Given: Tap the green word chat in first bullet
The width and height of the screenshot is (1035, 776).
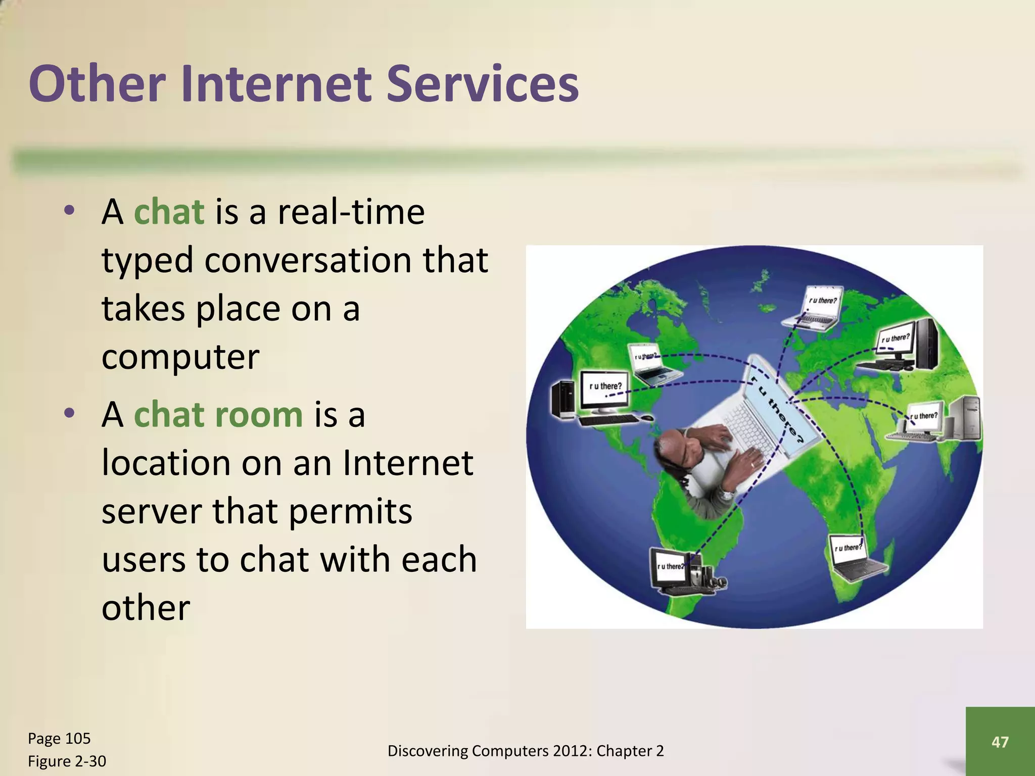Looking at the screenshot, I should (169, 212).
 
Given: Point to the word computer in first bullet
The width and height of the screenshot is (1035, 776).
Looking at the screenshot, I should (180, 357).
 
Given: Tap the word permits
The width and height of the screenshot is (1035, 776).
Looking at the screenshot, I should (350, 511).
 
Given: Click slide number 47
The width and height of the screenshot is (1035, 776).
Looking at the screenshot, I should (1000, 742).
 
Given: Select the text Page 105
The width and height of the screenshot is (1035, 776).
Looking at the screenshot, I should (59, 739).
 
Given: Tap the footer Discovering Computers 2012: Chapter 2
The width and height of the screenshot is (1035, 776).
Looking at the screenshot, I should (525, 751).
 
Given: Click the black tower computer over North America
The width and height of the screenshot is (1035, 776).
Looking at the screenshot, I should (562, 399).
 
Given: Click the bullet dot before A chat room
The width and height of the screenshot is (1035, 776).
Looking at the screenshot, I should (69, 413).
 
